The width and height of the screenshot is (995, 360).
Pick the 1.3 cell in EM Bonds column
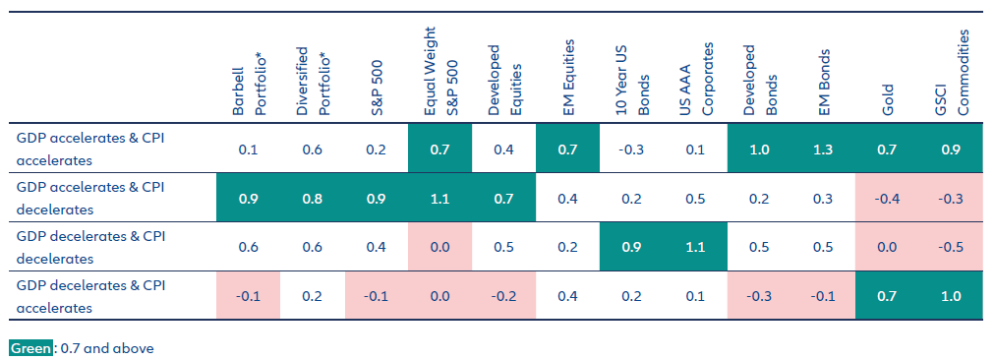(x=824, y=150)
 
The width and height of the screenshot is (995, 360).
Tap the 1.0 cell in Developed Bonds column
(x=759, y=150)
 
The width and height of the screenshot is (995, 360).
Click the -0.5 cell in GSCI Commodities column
(x=951, y=247)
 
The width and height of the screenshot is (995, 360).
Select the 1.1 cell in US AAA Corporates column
(x=695, y=247)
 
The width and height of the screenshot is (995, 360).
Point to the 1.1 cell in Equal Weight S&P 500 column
(x=439, y=199)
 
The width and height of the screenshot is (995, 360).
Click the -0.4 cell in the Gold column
(x=887, y=199)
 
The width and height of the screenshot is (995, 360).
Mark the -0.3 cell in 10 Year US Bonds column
(x=631, y=150)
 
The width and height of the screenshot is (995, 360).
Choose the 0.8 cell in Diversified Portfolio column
(x=312, y=199)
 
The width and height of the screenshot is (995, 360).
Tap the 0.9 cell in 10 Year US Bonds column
(x=631, y=247)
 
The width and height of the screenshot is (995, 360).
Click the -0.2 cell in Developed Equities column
(x=503, y=296)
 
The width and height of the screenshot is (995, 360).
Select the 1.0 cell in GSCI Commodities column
(x=951, y=296)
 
